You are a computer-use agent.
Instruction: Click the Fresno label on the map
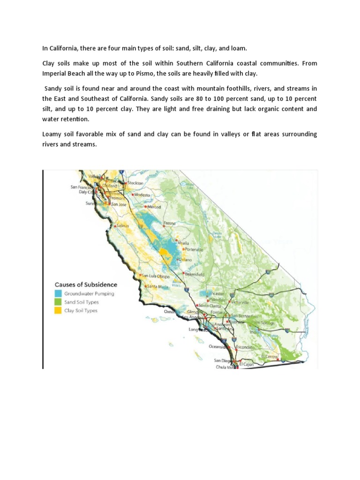click(x=170, y=223)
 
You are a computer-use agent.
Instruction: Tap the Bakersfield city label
click(x=196, y=274)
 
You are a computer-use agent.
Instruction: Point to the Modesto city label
click(x=141, y=194)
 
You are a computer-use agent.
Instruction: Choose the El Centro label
click(x=270, y=356)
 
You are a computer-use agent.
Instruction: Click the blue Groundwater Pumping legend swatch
click(x=58, y=293)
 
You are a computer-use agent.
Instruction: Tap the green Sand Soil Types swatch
click(x=58, y=302)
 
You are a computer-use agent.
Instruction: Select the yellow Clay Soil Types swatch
click(x=58, y=310)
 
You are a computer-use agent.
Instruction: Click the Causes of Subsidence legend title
click(x=86, y=284)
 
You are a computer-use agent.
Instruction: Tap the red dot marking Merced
click(x=146, y=207)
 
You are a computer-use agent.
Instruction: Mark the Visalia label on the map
click(x=183, y=243)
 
